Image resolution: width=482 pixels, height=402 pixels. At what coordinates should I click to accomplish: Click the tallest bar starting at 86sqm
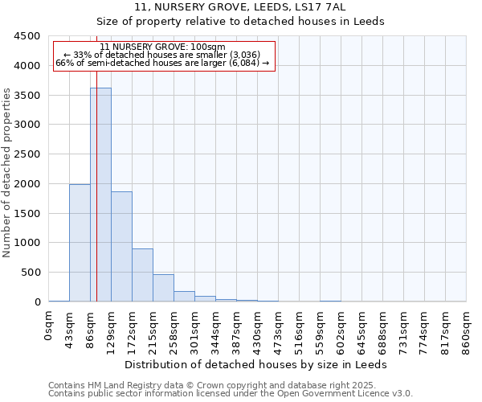tap(100, 195)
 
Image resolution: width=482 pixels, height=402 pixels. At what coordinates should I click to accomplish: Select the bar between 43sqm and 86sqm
tap(80, 243)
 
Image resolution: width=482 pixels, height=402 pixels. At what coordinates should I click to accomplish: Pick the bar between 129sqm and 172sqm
tap(121, 246)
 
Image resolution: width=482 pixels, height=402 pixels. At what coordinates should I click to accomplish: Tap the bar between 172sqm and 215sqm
tap(142, 275)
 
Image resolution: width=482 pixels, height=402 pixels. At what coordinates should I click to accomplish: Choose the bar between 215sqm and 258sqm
tap(163, 288)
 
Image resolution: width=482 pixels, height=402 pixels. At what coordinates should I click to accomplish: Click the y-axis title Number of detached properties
tap(7, 173)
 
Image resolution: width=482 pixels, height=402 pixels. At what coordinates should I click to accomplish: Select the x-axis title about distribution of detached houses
tap(257, 364)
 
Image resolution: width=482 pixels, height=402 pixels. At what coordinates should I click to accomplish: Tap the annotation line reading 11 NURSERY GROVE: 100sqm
tap(163, 47)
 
